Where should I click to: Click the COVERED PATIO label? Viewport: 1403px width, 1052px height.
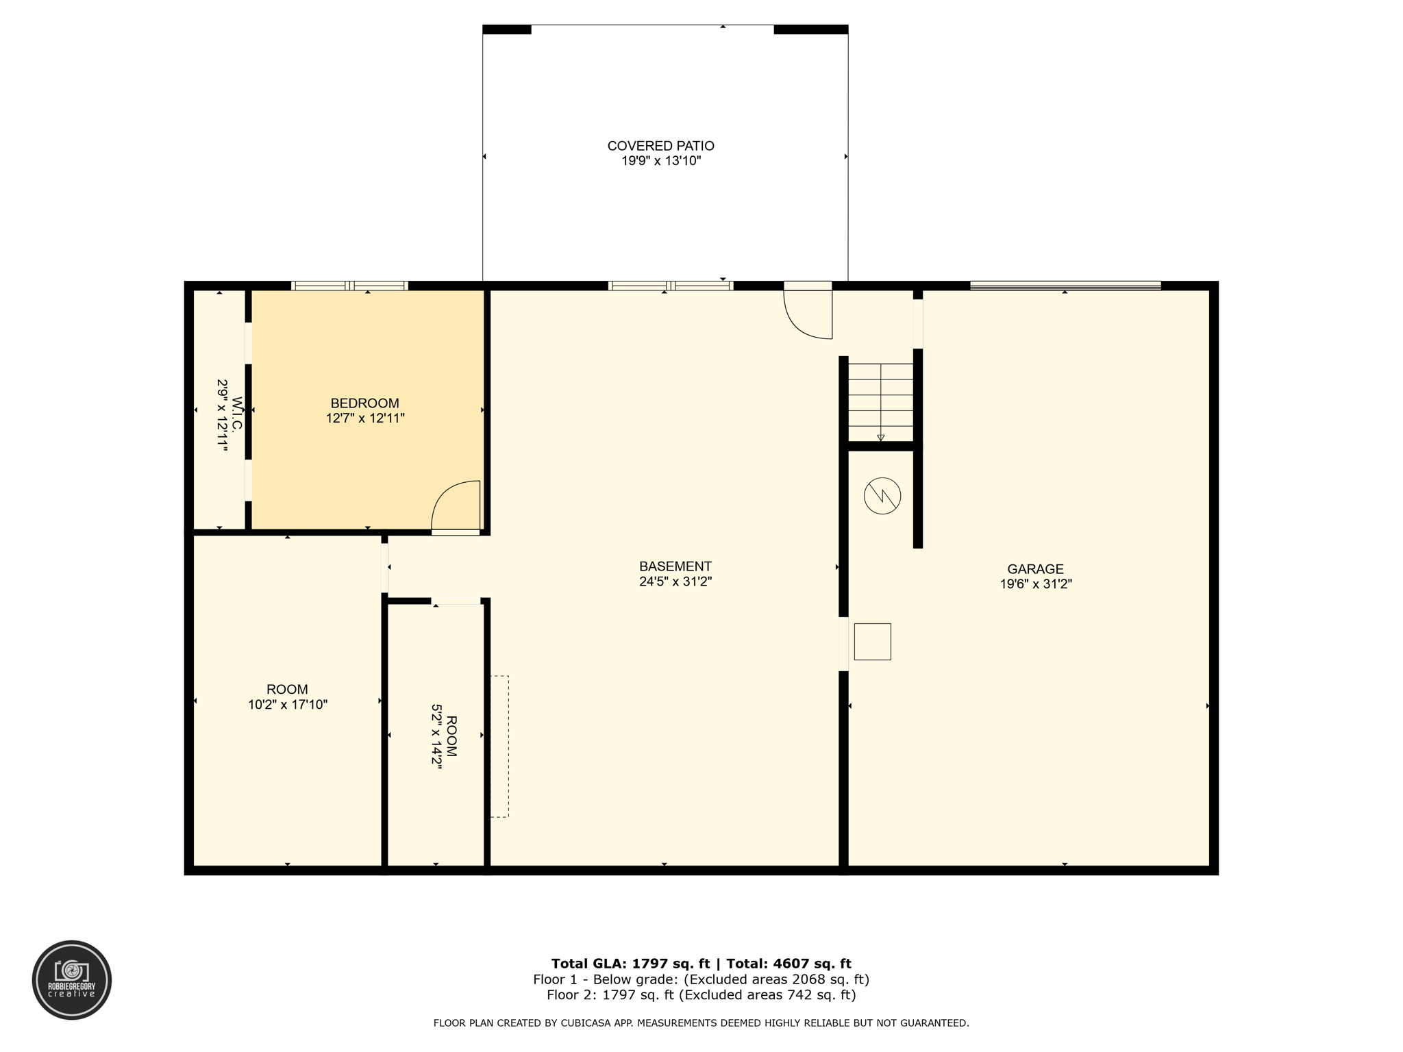(660, 146)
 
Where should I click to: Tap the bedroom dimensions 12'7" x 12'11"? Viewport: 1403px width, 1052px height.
(364, 418)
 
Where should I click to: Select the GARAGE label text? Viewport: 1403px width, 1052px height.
(1034, 569)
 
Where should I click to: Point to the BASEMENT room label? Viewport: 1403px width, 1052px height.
(675, 566)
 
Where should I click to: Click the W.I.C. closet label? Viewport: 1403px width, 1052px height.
(237, 414)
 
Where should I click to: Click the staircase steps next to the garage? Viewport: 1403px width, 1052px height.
(880, 403)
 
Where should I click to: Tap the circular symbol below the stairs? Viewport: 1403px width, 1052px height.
(882, 496)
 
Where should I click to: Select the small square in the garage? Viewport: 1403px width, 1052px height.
(872, 642)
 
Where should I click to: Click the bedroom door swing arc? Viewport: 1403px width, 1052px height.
(454, 505)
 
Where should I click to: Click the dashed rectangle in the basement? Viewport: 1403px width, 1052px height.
(499, 747)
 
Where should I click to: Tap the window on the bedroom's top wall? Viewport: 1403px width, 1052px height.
(349, 286)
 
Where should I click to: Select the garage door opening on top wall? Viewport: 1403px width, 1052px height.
(1065, 286)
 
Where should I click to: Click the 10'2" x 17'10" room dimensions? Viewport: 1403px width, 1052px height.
(288, 705)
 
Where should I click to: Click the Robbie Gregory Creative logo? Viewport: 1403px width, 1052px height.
(72, 980)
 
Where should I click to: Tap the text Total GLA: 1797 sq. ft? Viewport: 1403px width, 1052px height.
(630, 964)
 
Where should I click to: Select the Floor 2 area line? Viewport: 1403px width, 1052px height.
(701, 995)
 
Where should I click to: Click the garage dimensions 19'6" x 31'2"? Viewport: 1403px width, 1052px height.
(1035, 584)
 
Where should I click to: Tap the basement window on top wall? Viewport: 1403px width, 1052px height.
(670, 286)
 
